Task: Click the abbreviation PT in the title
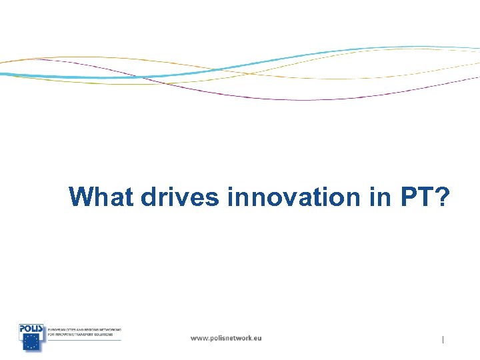[418, 197]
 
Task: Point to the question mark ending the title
[443, 197]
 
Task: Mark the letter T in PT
[427, 197]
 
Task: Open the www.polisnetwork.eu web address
[226, 338]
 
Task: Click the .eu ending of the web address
[256, 338]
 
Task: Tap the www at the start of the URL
[199, 338]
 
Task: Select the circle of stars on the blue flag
[31, 342]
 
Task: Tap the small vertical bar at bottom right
[443, 340]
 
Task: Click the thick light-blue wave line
[267, 61]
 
